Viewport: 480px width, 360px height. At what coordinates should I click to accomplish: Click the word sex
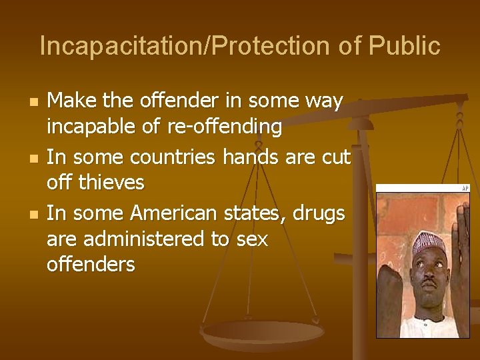click(x=251, y=238)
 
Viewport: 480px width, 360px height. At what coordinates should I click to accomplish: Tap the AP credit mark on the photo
click(x=466, y=189)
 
